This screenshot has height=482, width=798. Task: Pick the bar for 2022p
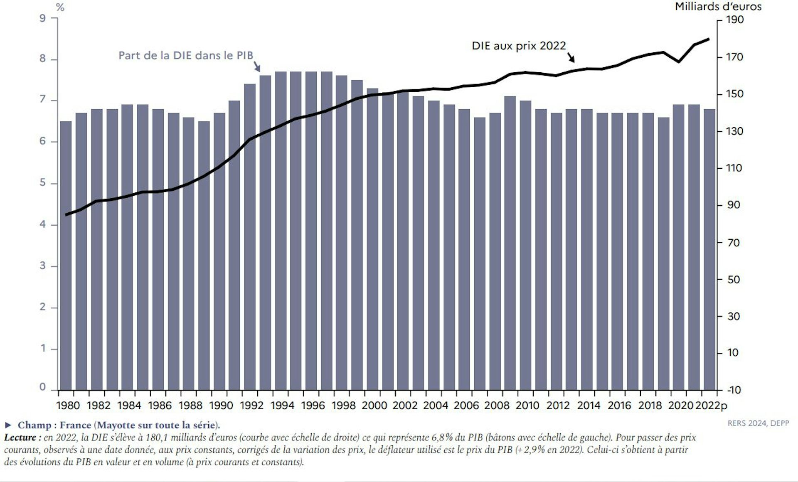click(709, 249)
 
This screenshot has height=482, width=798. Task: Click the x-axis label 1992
click(252, 406)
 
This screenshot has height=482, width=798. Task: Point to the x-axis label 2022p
click(711, 406)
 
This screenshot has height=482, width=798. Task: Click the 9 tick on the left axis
click(42, 18)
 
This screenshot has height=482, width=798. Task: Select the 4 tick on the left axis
click(42, 225)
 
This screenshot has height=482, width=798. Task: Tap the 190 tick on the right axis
click(735, 20)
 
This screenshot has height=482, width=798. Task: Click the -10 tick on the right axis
click(734, 390)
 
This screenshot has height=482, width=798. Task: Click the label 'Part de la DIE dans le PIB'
click(185, 56)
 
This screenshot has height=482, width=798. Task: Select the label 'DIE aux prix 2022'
click(519, 46)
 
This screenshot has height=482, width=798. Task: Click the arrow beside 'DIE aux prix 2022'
click(571, 57)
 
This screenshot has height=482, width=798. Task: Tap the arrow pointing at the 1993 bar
click(257, 66)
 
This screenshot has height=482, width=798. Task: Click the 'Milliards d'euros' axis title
click(718, 7)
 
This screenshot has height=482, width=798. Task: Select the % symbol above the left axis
click(60, 7)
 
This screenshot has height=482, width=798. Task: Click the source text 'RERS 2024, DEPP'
click(758, 423)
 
